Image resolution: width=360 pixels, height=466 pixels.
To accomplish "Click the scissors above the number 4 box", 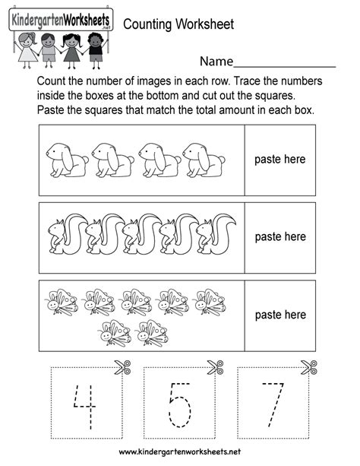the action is pos(122,367).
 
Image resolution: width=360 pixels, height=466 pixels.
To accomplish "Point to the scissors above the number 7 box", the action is pos(309,367).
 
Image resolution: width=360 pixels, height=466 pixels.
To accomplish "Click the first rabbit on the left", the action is pos(67,160).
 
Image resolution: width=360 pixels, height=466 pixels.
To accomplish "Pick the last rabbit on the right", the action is pos(204,160).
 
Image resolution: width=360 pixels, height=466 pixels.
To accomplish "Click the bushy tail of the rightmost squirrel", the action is pos(224,233).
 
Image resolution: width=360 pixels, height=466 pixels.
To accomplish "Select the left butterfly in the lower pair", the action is pos(115,333).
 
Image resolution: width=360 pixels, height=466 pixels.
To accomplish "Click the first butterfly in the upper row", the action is pos(62,302).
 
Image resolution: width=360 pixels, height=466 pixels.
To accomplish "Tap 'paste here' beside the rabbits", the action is pos(279,160).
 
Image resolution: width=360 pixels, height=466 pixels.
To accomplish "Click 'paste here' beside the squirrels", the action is pos(280,237).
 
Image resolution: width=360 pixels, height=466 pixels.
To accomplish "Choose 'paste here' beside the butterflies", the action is pos(280,315).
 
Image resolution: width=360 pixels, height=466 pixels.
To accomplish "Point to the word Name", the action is pos(216,62).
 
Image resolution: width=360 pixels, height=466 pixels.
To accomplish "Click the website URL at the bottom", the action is pos(180,452).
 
